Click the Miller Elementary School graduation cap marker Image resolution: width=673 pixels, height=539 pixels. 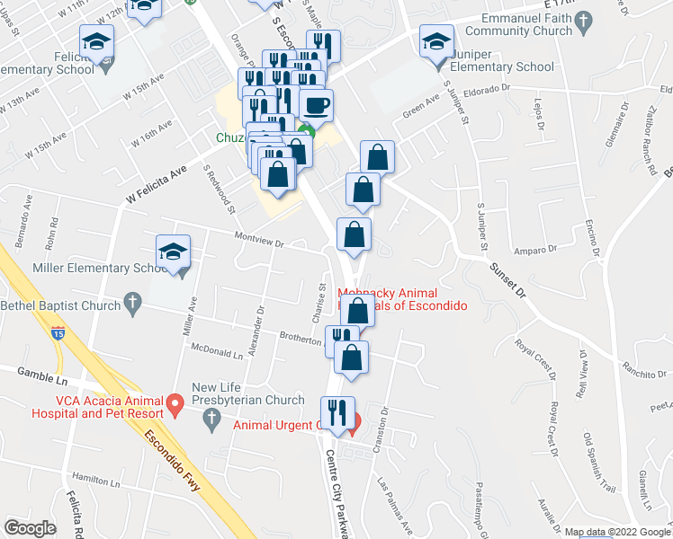coord(173,252)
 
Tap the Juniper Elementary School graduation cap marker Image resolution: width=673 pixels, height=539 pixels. coord(437,43)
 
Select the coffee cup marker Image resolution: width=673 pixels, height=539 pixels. coord(316,106)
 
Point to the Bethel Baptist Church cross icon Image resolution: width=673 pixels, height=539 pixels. coord(133,305)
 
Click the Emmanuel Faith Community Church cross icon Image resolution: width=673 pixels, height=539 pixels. coord(583,21)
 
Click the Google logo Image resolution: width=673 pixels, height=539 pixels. coord(30,527)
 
